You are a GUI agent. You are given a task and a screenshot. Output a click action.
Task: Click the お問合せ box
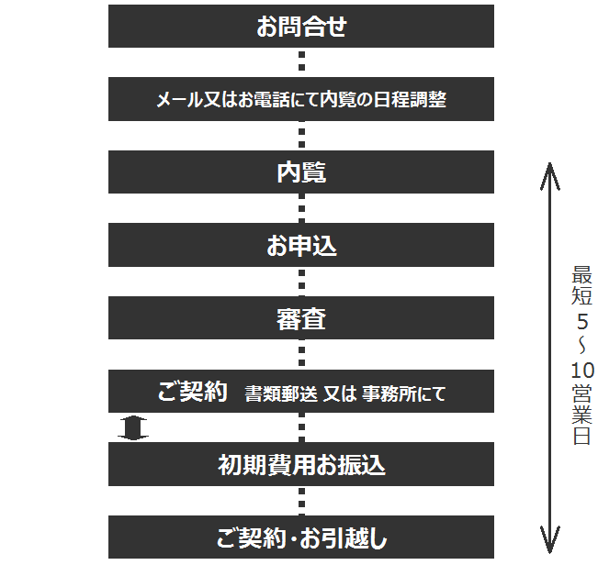tap(301, 27)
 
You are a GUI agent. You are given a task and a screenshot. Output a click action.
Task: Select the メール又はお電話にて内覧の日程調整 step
tap(301, 99)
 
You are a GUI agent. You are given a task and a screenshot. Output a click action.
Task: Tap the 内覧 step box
tap(301, 172)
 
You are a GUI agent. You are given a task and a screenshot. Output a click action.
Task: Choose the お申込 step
tap(301, 245)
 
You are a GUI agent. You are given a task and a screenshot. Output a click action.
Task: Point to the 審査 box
tap(301, 318)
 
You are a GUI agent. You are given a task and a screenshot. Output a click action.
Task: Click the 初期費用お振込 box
tap(301, 464)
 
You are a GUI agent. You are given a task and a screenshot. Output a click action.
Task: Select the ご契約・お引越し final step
tap(301, 537)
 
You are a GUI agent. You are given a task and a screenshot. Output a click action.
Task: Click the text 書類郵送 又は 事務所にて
tap(344, 393)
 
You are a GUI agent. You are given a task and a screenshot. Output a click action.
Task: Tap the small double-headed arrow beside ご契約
tap(132, 428)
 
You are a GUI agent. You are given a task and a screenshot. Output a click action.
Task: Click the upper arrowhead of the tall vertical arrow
tap(549, 176)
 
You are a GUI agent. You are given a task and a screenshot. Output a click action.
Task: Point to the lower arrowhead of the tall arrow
tap(549, 539)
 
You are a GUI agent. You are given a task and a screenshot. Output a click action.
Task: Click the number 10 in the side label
tap(582, 370)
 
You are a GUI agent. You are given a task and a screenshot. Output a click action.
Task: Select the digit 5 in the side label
tap(582, 322)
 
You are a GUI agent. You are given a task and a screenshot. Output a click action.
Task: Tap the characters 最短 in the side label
tap(582, 285)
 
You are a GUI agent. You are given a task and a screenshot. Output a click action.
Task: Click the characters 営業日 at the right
tap(582, 415)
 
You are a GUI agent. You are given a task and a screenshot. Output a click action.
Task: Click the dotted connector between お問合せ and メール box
tap(301, 61)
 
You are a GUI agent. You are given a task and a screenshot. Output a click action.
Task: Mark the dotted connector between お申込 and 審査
tap(301, 282)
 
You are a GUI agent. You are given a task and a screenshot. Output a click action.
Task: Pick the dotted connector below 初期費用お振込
tap(301, 501)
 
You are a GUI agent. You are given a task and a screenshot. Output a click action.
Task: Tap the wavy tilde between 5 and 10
tap(582, 346)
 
